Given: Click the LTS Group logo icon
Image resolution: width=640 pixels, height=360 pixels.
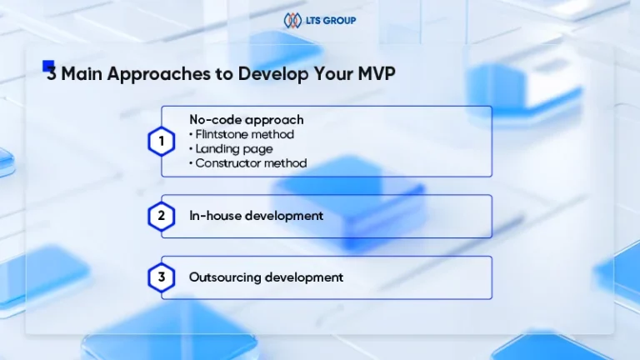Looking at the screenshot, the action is click(x=292, y=20).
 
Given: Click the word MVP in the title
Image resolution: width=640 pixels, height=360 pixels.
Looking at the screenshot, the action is click(x=377, y=74).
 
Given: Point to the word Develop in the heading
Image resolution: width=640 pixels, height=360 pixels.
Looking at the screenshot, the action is click(x=273, y=74).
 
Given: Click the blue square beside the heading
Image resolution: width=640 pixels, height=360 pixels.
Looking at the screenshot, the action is click(x=48, y=65).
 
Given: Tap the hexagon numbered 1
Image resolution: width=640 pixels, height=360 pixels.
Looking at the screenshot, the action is click(x=162, y=142).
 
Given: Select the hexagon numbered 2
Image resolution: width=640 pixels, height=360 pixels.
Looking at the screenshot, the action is click(x=162, y=216).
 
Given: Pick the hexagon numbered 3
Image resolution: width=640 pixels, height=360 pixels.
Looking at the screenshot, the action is click(x=162, y=277).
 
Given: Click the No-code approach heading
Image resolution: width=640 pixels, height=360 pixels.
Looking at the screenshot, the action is click(x=247, y=120).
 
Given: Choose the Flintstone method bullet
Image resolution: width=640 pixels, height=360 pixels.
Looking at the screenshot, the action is click(x=242, y=134).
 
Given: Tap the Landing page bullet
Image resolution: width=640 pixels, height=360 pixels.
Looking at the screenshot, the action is click(x=231, y=149).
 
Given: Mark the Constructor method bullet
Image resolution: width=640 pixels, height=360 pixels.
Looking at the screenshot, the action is click(x=248, y=163).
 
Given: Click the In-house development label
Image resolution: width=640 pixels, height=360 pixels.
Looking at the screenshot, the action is click(x=257, y=216).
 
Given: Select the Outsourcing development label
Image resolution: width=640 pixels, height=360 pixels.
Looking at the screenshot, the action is click(x=266, y=277).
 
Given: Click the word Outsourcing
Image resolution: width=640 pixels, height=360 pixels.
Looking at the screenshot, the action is click(x=225, y=278).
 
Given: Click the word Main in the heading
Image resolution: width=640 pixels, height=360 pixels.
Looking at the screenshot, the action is click(x=82, y=74).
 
